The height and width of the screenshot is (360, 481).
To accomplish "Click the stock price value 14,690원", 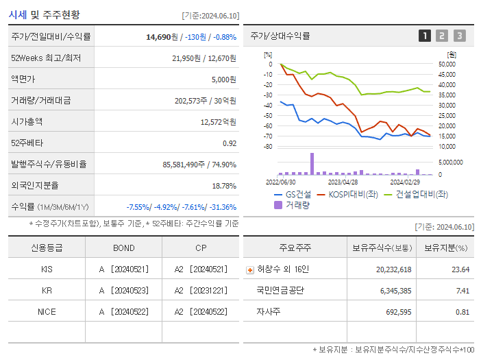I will (166, 37).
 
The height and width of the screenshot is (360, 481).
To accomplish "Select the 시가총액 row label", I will (27, 121).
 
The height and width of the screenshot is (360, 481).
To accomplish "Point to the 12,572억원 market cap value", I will (218, 122).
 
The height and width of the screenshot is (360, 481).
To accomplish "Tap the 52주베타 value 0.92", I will (229, 143).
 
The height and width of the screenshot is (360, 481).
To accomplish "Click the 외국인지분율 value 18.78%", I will (223, 186).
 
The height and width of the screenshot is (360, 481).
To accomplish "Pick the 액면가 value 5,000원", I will (223, 80).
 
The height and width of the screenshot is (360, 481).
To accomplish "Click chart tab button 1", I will (425, 36).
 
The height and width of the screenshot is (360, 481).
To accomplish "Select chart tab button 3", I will (459, 36).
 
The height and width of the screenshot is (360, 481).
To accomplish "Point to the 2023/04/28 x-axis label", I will (343, 182).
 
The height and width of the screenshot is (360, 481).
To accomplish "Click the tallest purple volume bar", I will (312, 164).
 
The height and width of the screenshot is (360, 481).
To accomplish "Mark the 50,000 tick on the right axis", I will (447, 64).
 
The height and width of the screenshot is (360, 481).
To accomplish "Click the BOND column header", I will (124, 248).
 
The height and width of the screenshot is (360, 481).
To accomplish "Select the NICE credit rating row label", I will (47, 311).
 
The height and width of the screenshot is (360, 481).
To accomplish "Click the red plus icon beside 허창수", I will (250, 269).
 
